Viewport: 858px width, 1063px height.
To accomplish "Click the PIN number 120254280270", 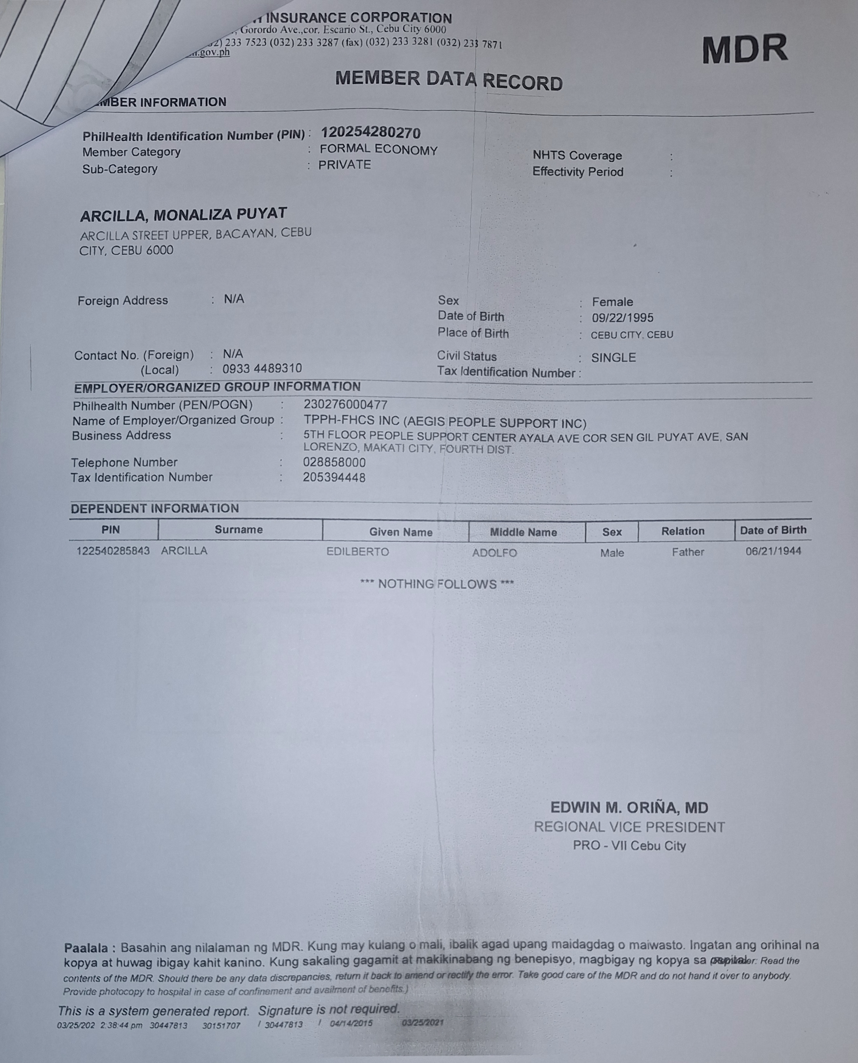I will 371,133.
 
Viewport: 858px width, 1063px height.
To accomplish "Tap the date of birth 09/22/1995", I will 622,318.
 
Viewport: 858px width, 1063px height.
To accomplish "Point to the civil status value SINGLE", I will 613,358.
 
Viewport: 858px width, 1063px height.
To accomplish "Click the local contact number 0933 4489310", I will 262,369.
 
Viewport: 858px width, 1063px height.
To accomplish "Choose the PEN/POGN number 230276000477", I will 345,405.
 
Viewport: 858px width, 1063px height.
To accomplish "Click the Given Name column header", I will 401,532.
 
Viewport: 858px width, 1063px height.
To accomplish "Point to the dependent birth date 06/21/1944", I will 773,551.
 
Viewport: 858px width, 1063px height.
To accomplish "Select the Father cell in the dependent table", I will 687,552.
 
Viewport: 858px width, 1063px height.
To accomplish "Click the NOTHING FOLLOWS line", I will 437,584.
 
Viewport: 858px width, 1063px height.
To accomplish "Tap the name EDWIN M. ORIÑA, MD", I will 629,808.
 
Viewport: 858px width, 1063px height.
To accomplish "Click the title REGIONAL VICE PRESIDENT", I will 629,827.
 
